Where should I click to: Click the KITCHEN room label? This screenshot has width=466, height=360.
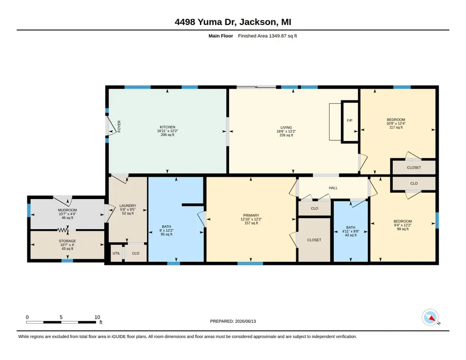[167, 127]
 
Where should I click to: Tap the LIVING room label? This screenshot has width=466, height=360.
[286, 127]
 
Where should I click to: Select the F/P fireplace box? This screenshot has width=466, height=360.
[350, 122]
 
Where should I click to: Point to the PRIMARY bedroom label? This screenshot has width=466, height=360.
[251, 215]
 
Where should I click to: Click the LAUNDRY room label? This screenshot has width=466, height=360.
[128, 205]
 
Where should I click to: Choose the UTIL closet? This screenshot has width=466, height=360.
[116, 253]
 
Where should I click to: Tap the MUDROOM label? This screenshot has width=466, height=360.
[67, 210]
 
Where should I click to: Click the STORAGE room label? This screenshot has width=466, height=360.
[67, 241]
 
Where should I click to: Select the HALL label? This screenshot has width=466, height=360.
[333, 188]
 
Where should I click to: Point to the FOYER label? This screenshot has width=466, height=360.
[119, 126]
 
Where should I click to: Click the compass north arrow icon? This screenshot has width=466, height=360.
[431, 318]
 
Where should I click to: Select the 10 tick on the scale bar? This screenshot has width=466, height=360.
[97, 317]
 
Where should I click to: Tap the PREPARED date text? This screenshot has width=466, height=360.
[233, 321]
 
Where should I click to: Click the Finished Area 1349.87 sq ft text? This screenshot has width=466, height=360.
[267, 36]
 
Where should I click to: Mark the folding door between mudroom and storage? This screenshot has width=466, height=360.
[63, 230]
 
